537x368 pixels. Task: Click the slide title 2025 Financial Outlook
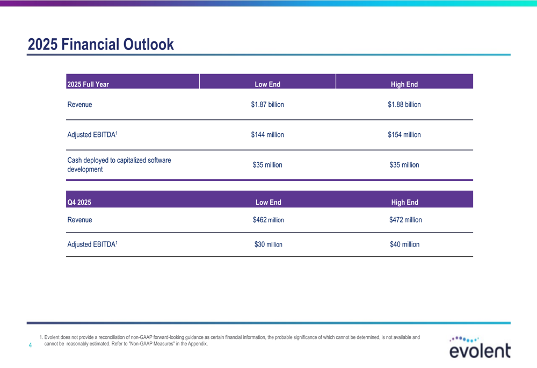point(101,44)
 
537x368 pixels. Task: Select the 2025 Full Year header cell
point(88,84)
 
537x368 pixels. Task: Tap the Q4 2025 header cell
point(79,203)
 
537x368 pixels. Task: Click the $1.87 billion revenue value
point(267,105)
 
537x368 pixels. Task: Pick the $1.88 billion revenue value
point(404,105)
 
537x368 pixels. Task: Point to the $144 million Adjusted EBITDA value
point(267,135)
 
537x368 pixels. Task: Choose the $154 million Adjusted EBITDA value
point(404,135)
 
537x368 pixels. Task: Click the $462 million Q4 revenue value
point(268,220)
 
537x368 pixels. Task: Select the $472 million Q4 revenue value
point(405,220)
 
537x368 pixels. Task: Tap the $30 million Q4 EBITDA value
point(268,244)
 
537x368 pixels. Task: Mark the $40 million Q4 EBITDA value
point(405,244)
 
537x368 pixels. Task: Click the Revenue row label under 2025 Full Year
point(79,105)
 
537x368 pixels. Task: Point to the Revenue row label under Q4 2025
point(79,220)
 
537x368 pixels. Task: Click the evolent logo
point(480,348)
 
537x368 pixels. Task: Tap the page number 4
point(30,345)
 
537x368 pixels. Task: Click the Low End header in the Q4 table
point(268,203)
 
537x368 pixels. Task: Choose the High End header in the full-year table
point(404,84)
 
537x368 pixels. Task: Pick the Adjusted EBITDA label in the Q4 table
point(92,244)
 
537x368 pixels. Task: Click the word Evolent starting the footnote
point(54,337)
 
